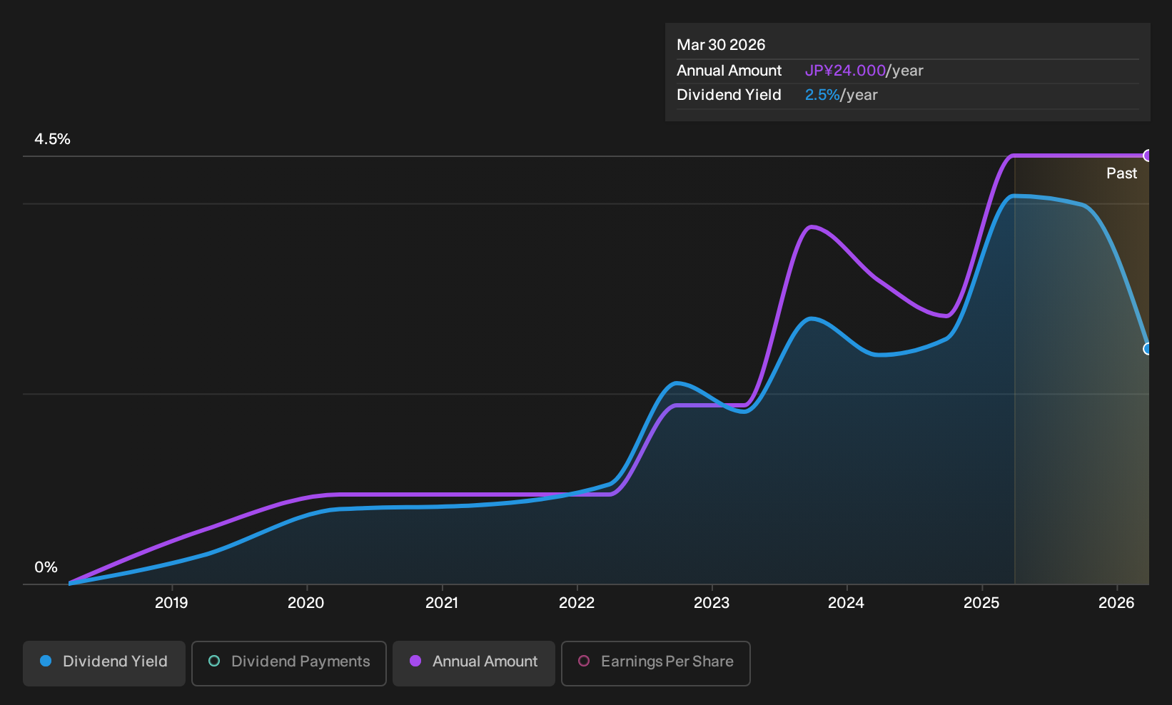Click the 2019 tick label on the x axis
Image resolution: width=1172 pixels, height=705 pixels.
(171, 603)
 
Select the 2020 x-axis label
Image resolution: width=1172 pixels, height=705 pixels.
(306, 603)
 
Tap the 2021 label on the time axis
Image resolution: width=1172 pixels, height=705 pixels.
(442, 603)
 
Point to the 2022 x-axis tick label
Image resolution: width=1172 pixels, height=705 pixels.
(577, 603)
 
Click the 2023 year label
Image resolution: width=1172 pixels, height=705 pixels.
(712, 603)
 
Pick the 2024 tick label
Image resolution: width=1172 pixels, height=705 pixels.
(846, 603)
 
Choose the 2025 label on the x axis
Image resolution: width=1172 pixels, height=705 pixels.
(981, 603)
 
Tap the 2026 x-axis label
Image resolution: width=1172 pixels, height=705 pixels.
(1116, 603)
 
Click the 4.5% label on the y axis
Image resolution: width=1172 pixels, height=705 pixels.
(52, 139)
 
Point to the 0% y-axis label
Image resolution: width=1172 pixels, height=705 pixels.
(46, 567)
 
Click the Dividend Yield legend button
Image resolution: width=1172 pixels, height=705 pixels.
(104, 663)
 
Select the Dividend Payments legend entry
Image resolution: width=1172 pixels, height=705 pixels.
(289, 663)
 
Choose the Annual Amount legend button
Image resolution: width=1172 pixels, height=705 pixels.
(473, 663)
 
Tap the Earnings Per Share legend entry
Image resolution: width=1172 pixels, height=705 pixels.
(655, 663)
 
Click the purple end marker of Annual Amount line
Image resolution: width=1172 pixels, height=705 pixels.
(1146, 156)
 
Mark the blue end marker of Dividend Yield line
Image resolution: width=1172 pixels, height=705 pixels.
(1146, 349)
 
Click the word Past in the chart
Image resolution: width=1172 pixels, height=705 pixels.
(1121, 173)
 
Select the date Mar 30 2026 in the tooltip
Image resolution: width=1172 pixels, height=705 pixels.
(720, 45)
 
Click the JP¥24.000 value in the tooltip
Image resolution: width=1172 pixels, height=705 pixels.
(845, 71)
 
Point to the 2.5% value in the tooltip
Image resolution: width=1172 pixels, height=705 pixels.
(822, 95)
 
